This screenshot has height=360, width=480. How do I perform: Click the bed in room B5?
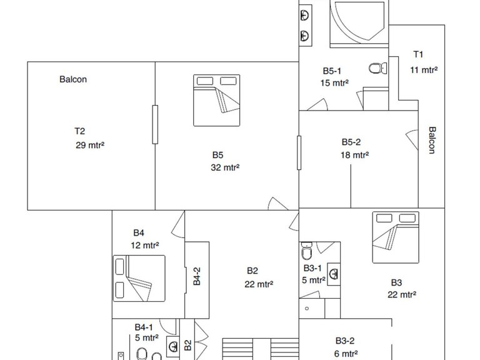(216, 100)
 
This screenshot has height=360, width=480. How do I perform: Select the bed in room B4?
(139, 278)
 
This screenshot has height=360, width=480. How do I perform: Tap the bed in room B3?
(396, 237)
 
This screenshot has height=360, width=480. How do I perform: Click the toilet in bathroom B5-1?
(377, 68)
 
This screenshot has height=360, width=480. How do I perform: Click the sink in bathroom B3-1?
(334, 274)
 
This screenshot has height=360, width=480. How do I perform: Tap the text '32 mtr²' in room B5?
(225, 167)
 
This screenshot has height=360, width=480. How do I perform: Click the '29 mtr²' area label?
(90, 145)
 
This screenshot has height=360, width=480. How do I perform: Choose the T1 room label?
(418, 54)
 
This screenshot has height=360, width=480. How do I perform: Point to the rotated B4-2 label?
(197, 276)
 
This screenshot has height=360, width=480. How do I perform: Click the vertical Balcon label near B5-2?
(432, 140)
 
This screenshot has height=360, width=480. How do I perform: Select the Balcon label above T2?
(73, 79)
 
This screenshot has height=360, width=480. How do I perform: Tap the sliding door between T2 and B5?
(155, 124)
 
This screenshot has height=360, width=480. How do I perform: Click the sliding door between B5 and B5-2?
(299, 152)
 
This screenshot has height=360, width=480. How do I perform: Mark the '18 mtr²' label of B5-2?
(354, 155)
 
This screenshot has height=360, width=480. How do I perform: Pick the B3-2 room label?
(345, 341)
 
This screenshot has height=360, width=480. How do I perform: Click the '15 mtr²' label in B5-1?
(334, 83)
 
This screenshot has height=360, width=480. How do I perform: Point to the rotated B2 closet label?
(187, 345)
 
